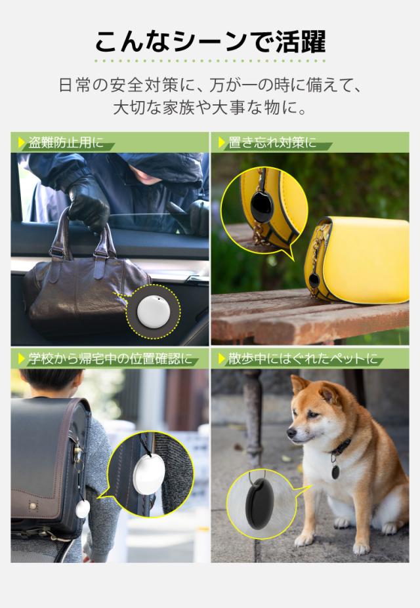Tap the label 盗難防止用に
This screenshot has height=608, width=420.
(66, 142)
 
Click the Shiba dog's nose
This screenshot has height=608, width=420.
(291, 434)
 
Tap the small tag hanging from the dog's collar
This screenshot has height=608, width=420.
(335, 471)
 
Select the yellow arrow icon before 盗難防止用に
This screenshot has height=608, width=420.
(22, 142)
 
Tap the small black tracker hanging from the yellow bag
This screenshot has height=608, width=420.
(314, 280)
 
